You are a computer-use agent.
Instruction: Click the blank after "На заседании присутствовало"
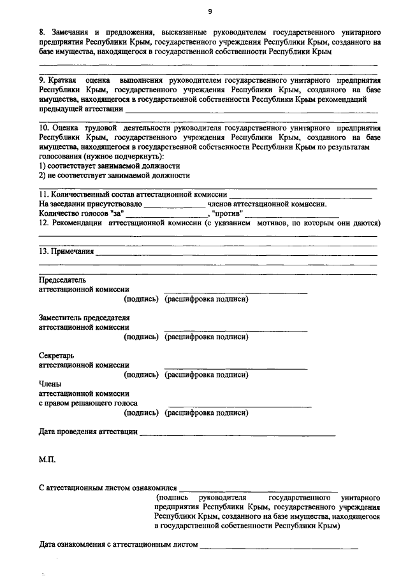pos(171,205)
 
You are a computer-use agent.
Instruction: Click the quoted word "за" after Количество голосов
pos(116,214)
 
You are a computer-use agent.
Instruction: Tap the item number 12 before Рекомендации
pos(43,223)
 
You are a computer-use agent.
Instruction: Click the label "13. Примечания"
pos(66,251)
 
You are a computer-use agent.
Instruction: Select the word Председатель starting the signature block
pos(62,279)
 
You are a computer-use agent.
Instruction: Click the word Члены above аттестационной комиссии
pos(51,383)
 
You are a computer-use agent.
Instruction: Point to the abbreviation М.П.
pos(47,458)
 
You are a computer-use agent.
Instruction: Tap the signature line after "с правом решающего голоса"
pos(240,404)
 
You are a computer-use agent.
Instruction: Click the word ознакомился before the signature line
pos(154,488)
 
